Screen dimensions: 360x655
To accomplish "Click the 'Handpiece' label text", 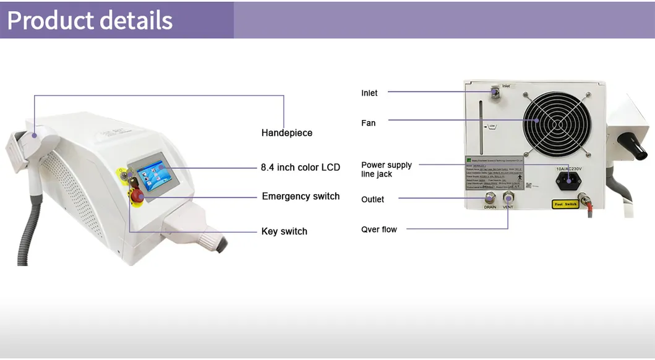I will tap(286, 133).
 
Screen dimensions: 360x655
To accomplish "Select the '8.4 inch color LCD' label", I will tap(300, 168).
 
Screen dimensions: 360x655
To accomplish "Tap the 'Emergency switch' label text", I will tap(301, 197).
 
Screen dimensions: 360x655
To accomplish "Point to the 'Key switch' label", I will tap(284, 231).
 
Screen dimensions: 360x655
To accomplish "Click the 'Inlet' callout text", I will tap(369, 93).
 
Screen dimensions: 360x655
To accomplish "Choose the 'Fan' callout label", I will tap(368, 123).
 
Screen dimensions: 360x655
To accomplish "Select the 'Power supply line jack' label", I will tap(386, 169).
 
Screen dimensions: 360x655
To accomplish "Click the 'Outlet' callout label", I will tap(372, 200).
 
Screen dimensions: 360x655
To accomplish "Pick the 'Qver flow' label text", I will tap(379, 229).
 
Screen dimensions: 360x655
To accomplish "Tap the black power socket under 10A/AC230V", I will tap(568, 181).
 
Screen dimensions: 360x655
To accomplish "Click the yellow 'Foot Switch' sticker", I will tap(565, 204).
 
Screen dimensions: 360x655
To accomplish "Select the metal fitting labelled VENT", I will tap(509, 198).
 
